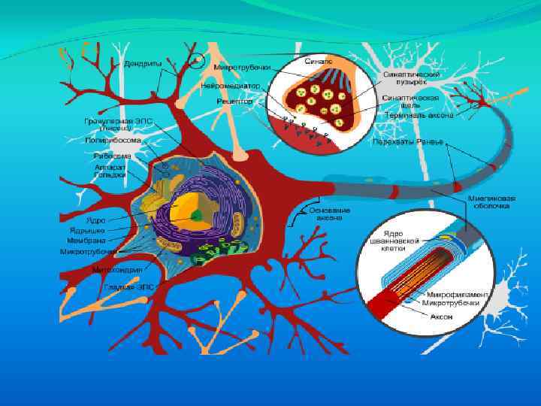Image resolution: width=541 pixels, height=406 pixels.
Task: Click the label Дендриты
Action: (x=142, y=64)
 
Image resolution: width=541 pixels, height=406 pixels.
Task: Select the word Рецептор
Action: (x=234, y=100)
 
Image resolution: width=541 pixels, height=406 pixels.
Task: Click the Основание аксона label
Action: (x=329, y=213)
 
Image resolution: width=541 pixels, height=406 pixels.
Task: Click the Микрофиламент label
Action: (x=454, y=293)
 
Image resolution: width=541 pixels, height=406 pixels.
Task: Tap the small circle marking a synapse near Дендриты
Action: (x=196, y=61)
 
